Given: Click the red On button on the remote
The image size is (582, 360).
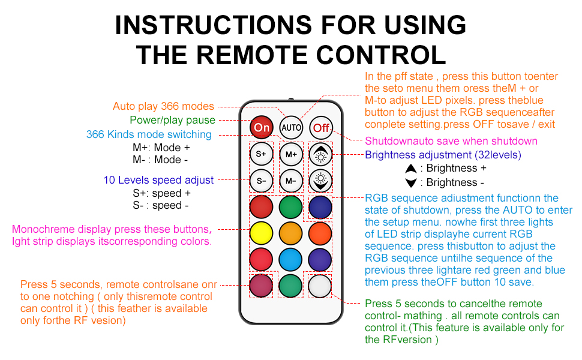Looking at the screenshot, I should pos(262,127).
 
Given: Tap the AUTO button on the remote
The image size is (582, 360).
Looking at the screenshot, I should pos(291,127).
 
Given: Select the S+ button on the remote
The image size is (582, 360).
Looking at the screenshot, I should pos(261,154).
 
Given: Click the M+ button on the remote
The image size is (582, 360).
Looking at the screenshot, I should pos(291,154).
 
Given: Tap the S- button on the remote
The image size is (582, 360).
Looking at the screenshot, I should pos(261,180).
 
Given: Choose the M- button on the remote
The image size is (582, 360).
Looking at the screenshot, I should pos(291,180).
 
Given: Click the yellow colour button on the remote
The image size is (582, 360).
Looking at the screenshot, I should pos(261,233).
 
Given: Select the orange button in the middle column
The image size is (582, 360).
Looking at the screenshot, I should pos(291,233).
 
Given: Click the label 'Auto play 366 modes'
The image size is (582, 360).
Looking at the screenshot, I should pos(163,106).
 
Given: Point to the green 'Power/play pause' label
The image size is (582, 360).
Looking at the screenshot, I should pos(172,120).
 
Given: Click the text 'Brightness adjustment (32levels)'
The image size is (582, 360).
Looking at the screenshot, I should pos(443,155).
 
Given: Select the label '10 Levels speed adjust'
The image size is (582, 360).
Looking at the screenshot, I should pos(158,180).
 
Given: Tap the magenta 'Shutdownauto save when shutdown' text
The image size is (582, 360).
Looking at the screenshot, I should pos(451,141).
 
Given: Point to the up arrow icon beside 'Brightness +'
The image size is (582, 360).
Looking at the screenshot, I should pos(411,169).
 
